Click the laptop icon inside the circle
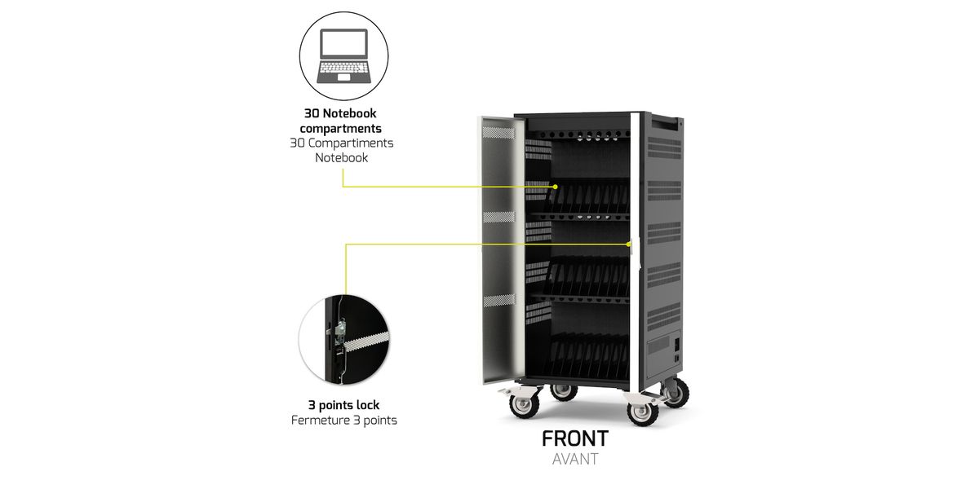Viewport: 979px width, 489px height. pyautogui.click(x=343, y=55)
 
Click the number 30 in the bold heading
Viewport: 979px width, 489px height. pyautogui.click(x=312, y=113)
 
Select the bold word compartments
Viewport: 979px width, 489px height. pyautogui.click(x=340, y=128)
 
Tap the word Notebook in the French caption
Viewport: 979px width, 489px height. pyautogui.click(x=341, y=157)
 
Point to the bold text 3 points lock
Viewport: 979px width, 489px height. pyautogui.click(x=343, y=405)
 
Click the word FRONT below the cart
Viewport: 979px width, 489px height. pyautogui.click(x=574, y=438)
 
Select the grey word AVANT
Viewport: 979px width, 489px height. pyautogui.click(x=574, y=459)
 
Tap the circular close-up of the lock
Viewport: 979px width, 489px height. pyautogui.click(x=343, y=339)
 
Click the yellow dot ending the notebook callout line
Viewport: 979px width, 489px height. pyautogui.click(x=555, y=187)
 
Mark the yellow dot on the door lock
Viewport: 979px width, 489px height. pyautogui.click(x=629, y=243)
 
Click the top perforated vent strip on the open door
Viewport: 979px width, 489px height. pyautogui.click(x=498, y=129)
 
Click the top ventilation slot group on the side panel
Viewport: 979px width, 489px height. pyautogui.click(x=663, y=148)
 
